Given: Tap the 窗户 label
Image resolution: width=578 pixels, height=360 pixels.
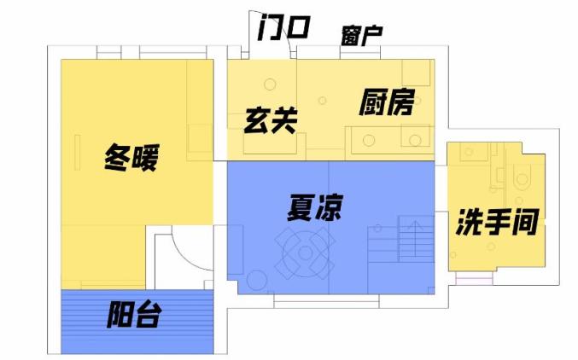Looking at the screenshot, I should [x=361, y=35].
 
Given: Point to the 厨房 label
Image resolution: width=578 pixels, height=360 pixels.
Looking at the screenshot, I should [x=385, y=102].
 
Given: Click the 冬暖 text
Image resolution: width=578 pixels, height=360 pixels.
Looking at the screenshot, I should [x=132, y=156].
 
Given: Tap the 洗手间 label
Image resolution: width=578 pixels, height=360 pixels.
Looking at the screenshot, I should [x=497, y=222].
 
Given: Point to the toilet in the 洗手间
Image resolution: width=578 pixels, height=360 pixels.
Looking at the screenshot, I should [x=526, y=174].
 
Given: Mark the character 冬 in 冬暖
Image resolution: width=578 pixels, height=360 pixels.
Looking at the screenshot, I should [x=117, y=156].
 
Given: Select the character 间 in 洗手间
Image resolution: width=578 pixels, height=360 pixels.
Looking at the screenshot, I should [x=524, y=222].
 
